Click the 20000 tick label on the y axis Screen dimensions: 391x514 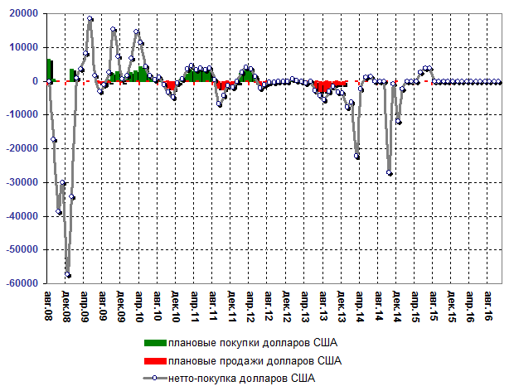tap(22, 14)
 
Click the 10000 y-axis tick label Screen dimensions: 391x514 tap(22, 48)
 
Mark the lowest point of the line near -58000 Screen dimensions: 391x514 tap(68, 275)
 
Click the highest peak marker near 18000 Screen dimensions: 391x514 tap(90, 19)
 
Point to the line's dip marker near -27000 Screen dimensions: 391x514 tap(390, 172)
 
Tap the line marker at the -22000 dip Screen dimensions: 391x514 tap(357, 156)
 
